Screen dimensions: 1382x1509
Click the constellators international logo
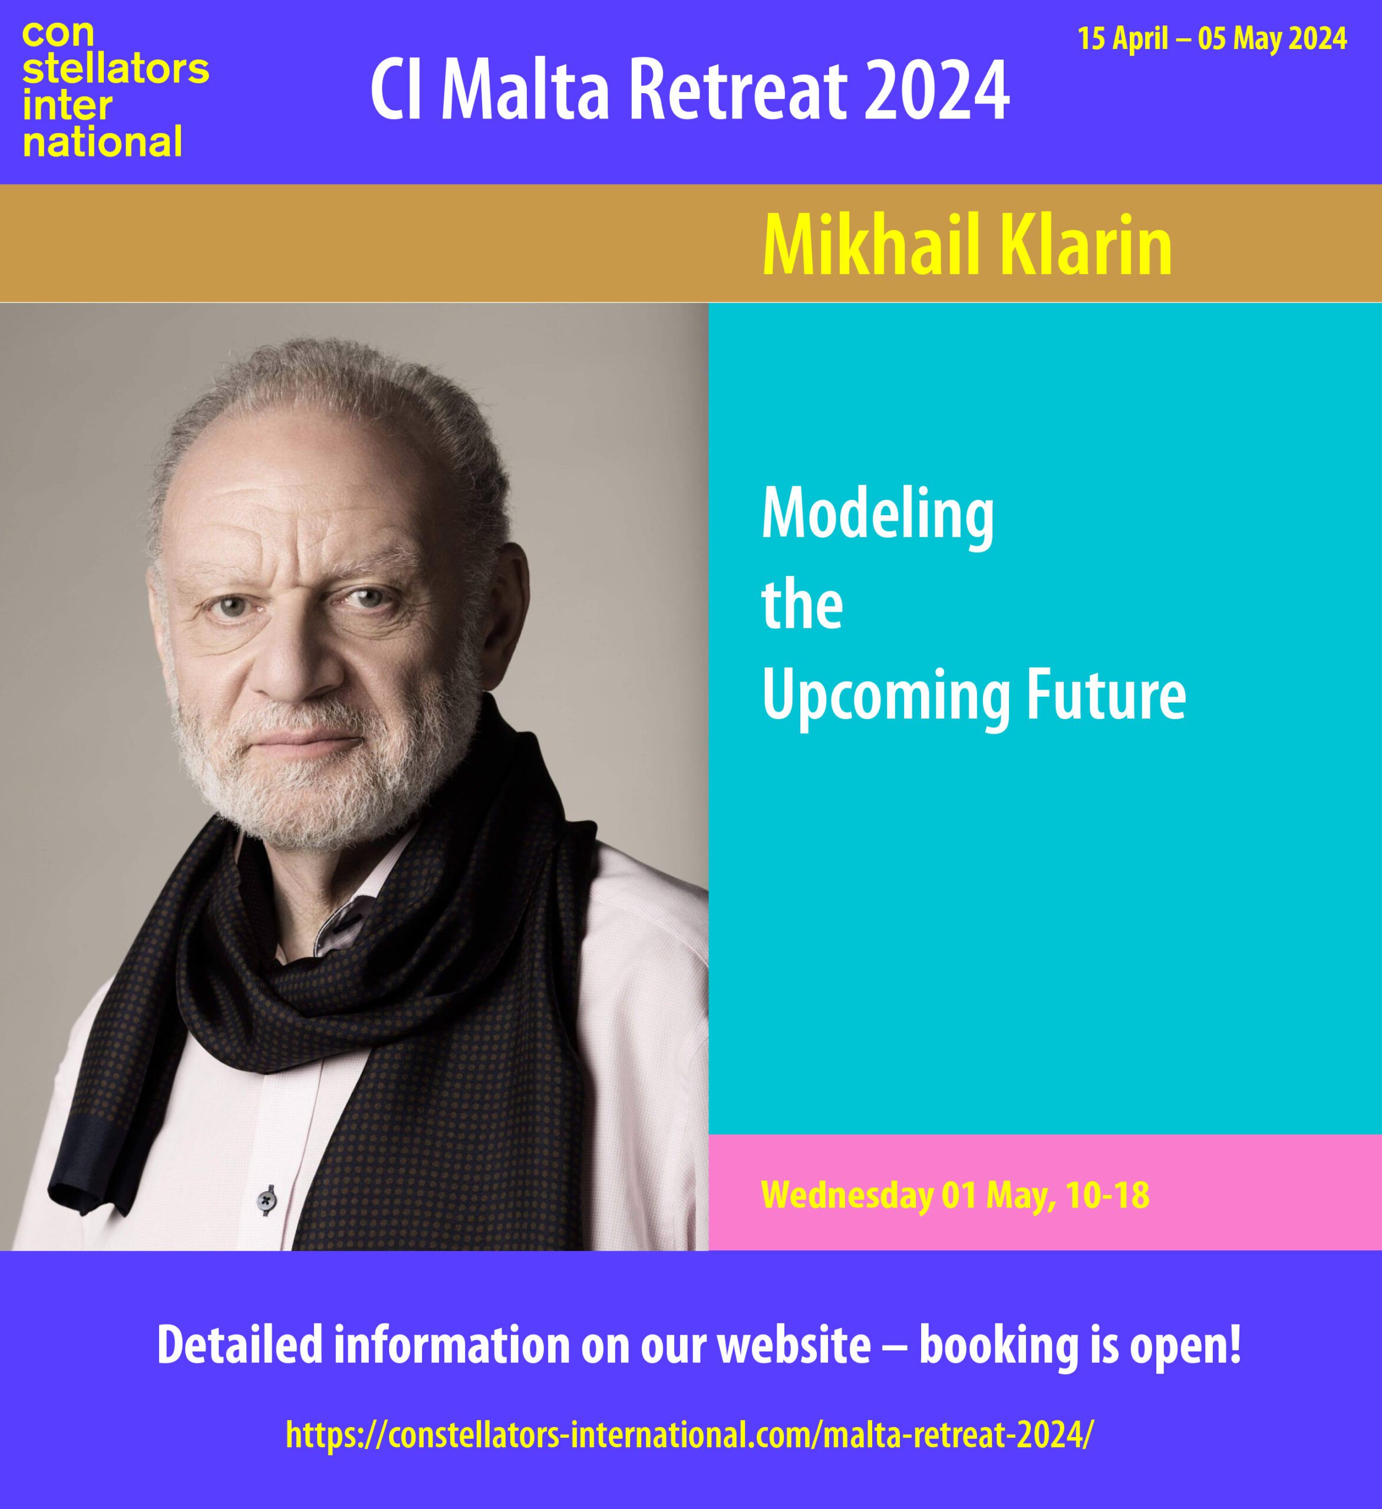tap(116, 89)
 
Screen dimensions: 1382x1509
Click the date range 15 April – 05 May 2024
tap(1212, 38)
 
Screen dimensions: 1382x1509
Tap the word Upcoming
tap(885, 699)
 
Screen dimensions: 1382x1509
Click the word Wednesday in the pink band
tap(847, 1195)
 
